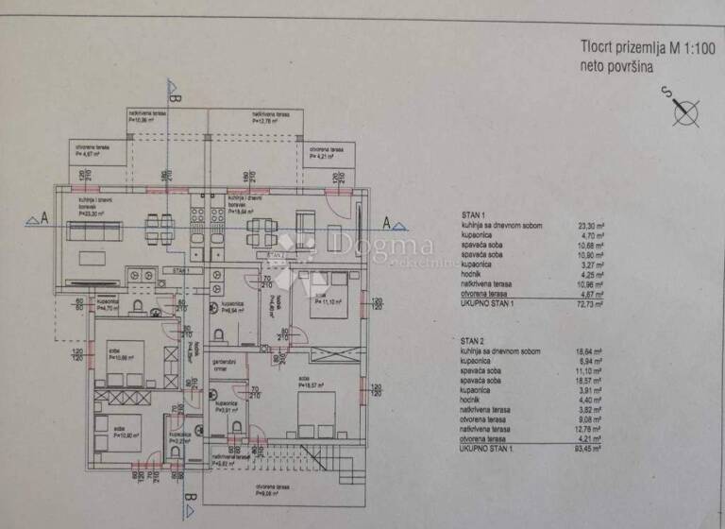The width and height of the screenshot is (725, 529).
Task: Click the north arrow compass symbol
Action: [685, 111]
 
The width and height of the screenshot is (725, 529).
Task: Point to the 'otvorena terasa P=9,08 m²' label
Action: [269, 491]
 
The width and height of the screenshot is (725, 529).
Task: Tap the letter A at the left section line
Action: [43, 216]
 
